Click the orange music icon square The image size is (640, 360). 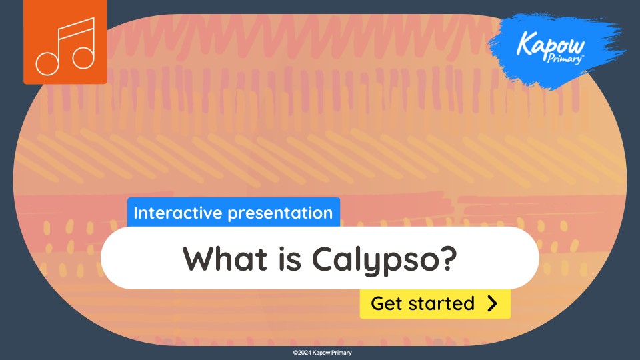65,42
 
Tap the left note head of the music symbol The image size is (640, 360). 47,63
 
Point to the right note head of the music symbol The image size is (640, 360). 83,58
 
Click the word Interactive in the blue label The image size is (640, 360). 171,213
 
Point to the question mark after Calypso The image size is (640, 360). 447,258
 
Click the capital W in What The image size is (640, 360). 197,258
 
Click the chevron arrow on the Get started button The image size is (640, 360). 493,303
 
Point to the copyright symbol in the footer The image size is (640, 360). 295,353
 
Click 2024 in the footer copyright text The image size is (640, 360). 304,353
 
